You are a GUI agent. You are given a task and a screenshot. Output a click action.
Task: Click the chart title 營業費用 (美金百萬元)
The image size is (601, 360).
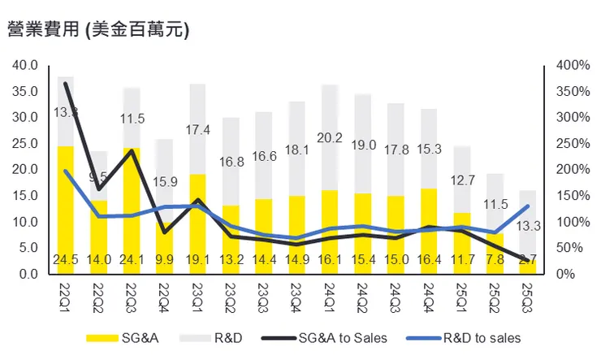pyautogui.click(x=98, y=30)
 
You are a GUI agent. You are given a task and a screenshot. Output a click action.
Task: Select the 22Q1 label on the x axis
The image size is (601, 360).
pyautogui.click(x=65, y=291)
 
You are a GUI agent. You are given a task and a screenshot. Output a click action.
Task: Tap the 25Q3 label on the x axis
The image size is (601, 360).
pyautogui.click(x=526, y=291)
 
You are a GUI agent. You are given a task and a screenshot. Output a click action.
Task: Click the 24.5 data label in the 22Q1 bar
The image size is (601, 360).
pyautogui.click(x=66, y=260)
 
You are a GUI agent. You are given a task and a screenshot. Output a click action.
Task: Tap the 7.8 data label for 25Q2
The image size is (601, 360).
pyautogui.click(x=494, y=260)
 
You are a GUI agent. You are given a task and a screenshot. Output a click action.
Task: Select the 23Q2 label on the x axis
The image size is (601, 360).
pyautogui.click(x=230, y=291)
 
